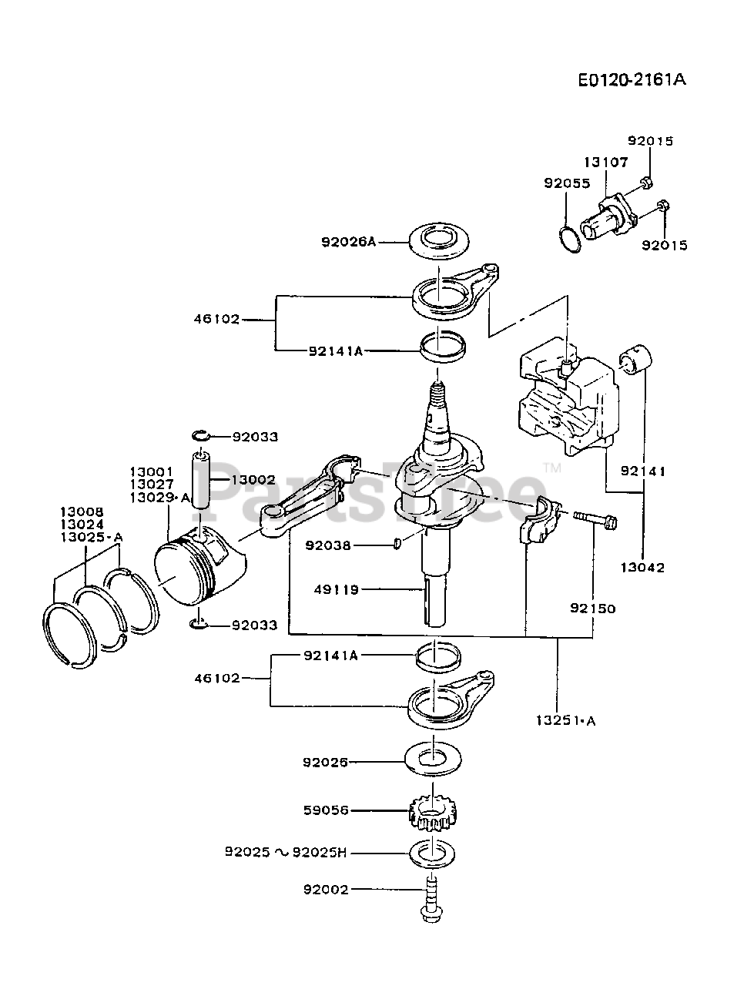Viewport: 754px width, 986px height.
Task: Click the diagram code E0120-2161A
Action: click(x=632, y=80)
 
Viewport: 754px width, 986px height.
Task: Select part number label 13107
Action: click(x=606, y=163)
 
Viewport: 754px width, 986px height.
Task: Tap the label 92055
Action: click(x=567, y=183)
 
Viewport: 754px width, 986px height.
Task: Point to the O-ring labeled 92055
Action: click(x=570, y=240)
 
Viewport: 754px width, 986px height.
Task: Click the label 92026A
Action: click(x=348, y=242)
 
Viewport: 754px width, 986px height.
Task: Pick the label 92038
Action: click(x=328, y=545)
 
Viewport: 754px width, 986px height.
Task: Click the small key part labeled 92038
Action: click(x=397, y=544)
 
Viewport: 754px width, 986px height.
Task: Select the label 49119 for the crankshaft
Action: click(x=337, y=589)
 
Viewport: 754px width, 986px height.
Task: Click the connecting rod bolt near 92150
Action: click(x=595, y=519)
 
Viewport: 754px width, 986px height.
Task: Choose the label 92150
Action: click(x=593, y=609)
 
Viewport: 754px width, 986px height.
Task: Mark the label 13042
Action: click(x=642, y=568)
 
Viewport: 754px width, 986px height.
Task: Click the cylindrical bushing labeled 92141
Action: click(x=635, y=358)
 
